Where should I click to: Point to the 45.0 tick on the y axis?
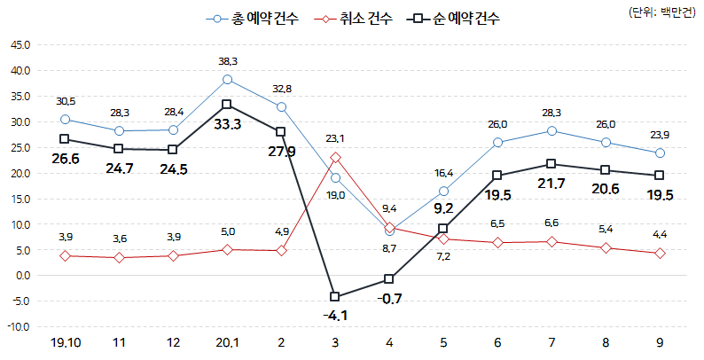pos(20,44)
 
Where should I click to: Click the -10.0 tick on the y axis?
pos(18,327)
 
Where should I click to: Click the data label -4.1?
pos(334,315)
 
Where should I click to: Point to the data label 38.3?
pos(228,61)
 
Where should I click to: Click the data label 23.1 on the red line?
pos(335,139)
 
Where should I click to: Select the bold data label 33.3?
pos(227,125)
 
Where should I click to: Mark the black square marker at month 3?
pos(335,296)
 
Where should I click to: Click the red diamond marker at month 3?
pos(335,157)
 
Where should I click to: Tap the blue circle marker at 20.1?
pos(227,79)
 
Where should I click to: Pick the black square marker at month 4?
pos(389,279)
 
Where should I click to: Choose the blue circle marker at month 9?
pos(660,153)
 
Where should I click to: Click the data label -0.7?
pos(389,299)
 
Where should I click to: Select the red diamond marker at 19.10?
pos(65,255)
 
